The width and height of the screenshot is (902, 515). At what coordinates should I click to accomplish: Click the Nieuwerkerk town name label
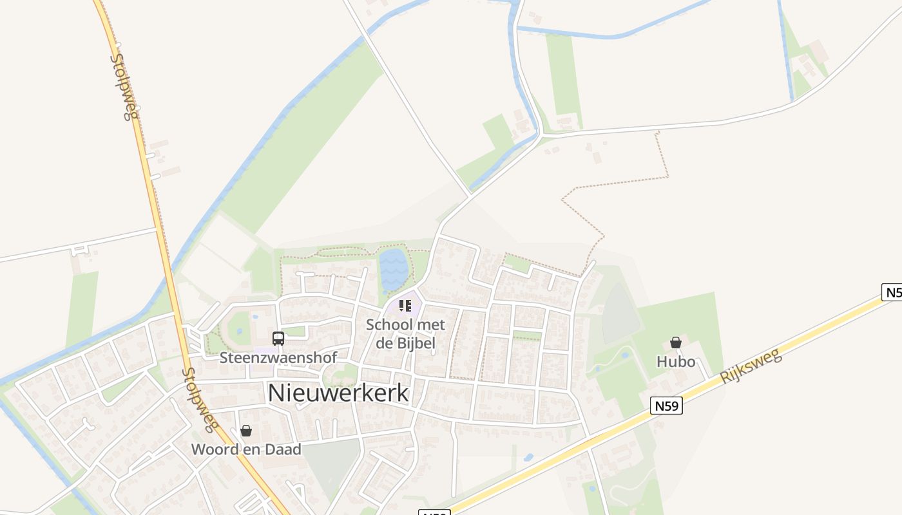[x=338, y=393]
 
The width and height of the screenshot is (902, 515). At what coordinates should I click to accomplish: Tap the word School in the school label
[x=388, y=325]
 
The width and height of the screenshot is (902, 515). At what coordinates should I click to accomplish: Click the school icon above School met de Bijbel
[x=405, y=305]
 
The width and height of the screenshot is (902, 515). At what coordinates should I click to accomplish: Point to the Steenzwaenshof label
[x=278, y=357]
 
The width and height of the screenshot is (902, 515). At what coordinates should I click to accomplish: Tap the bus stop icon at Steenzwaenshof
[x=278, y=339]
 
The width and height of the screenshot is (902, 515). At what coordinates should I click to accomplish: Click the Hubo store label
[x=676, y=362]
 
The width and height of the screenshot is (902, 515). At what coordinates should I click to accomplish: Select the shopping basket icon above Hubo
[x=676, y=342]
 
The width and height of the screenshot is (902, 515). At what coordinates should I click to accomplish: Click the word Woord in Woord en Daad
[x=215, y=449]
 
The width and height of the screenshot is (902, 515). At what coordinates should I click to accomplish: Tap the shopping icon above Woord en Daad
[x=246, y=431]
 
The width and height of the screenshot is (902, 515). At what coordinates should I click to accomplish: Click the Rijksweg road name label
[x=751, y=366]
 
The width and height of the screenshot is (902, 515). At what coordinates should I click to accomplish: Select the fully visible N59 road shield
[x=666, y=406]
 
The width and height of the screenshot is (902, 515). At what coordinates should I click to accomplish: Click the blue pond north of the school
[x=393, y=268]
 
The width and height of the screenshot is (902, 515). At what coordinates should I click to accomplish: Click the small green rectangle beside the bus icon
[x=295, y=332]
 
